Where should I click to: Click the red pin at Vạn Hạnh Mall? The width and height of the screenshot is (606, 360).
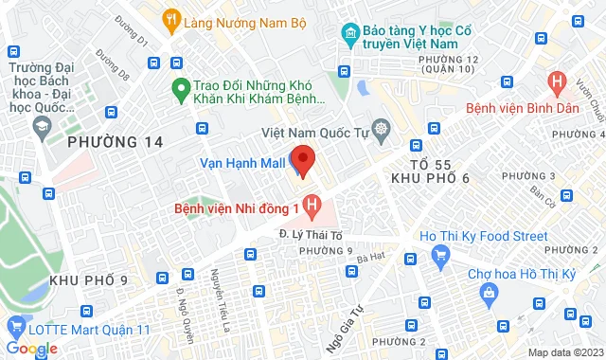coord(303,160)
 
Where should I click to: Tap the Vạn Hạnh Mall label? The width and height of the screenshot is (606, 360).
coord(241,162)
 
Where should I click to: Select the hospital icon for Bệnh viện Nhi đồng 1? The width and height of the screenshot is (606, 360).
coord(314,205)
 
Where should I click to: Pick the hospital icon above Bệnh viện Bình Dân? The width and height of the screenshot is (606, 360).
coord(559,82)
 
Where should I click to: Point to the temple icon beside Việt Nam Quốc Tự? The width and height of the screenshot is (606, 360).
coord(381,128)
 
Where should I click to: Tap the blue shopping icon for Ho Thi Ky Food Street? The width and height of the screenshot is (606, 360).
coord(439,255)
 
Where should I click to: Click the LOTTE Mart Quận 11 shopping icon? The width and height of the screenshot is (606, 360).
coord(15,328)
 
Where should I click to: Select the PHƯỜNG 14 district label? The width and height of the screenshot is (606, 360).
coord(116,142)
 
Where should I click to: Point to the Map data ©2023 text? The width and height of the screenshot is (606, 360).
coord(564,352)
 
